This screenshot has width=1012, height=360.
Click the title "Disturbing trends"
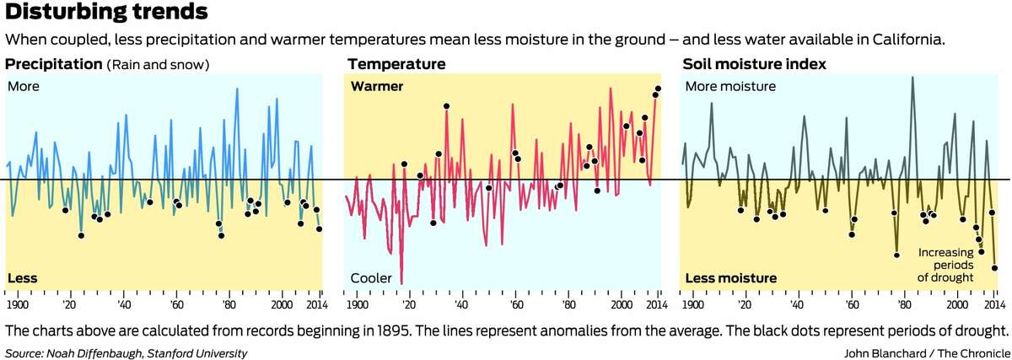tap(106, 13)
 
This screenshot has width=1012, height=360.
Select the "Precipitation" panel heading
tap(53, 64)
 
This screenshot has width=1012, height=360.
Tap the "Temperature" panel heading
tap(396, 64)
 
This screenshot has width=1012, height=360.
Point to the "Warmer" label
tap(377, 86)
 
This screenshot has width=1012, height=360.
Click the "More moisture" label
tap(729, 86)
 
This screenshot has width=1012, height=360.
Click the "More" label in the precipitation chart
tap(24, 86)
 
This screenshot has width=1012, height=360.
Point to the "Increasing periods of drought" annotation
tap(946, 264)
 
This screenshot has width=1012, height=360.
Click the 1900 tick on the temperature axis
tap(357, 304)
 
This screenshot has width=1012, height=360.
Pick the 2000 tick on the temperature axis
tap(622, 304)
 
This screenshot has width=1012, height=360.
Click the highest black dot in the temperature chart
tap(658, 89)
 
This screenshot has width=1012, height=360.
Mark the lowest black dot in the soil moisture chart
tap(995, 268)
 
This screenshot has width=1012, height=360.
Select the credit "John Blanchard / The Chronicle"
tap(925, 352)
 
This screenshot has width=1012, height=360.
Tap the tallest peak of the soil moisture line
tap(912, 78)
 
